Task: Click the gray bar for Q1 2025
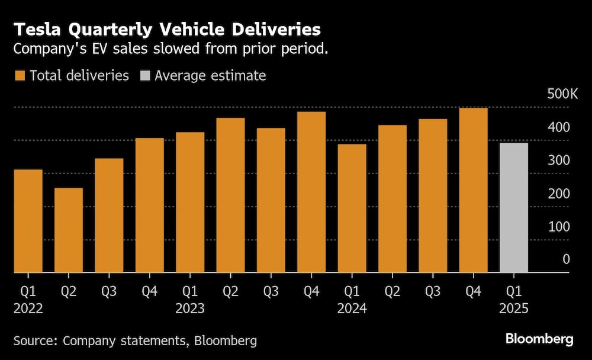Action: pyautogui.click(x=513, y=207)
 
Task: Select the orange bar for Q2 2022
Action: pyautogui.click(x=69, y=230)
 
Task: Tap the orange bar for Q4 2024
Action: pyautogui.click(x=473, y=190)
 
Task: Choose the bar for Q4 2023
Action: pyautogui.click(x=311, y=192)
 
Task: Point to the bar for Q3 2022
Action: pyautogui.click(x=109, y=216)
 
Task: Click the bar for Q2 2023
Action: pyautogui.click(x=230, y=195)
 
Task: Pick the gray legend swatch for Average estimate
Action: pyautogui.click(x=145, y=76)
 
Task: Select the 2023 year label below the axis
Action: pyautogui.click(x=189, y=308)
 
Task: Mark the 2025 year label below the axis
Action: pyautogui.click(x=513, y=308)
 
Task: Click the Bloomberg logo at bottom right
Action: pyautogui.click(x=539, y=339)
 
